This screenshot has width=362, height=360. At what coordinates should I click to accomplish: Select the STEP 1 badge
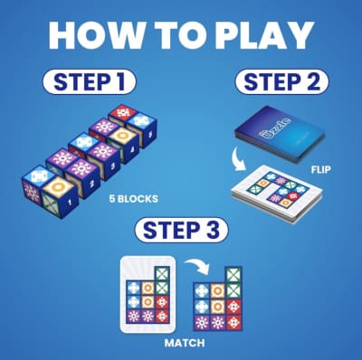click(90, 81)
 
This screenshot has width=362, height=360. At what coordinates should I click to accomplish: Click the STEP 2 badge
click(281, 81)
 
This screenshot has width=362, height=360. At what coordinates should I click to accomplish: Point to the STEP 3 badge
click(181, 231)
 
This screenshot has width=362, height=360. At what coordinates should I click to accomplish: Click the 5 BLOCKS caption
click(133, 199)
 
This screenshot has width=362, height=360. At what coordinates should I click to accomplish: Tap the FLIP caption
click(320, 170)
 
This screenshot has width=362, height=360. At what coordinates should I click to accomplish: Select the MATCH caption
click(185, 343)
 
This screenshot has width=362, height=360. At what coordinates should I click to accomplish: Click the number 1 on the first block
click(70, 202)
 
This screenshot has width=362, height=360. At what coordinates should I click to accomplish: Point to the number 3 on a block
click(112, 166)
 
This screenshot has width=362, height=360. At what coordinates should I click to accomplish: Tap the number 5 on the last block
click(149, 133)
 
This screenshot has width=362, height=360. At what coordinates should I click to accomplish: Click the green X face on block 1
click(51, 204)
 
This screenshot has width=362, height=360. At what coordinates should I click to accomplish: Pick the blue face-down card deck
click(279, 133)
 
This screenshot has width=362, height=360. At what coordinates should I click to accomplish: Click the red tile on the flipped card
click(292, 196)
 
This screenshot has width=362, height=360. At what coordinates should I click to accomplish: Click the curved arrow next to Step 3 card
click(197, 264)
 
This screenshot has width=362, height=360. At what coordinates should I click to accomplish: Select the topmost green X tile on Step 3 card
click(162, 274)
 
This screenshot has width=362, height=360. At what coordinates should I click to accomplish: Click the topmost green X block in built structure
click(233, 275)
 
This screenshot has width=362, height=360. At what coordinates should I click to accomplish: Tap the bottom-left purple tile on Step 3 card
click(133, 317)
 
